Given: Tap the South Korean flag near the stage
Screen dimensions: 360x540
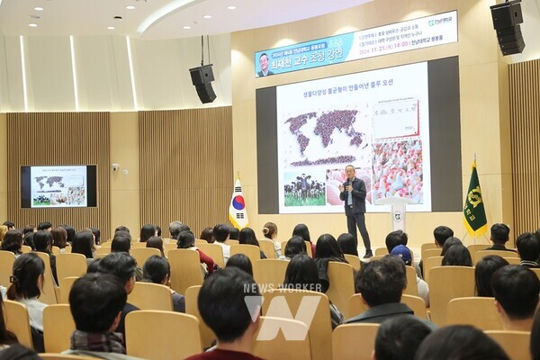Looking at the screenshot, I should [x=238, y=205].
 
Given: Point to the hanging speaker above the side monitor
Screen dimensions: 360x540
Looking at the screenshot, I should [x=203, y=82].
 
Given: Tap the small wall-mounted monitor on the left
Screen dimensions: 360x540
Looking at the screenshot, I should [x=59, y=185].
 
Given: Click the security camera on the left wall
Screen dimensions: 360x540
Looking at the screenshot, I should [x=114, y=167].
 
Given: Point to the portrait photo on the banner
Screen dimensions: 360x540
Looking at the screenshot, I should [x=264, y=64].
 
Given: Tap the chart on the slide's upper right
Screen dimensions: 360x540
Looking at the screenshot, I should [x=396, y=117].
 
